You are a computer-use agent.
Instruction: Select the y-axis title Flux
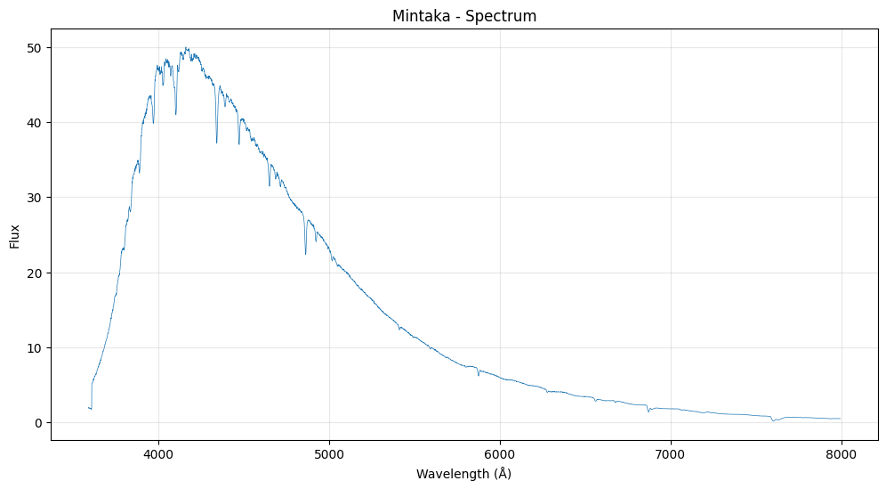pos(15,235)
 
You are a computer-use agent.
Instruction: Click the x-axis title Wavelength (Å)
pos(463,474)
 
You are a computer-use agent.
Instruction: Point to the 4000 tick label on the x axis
pos(158,452)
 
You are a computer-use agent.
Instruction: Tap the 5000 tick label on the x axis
pos(329,452)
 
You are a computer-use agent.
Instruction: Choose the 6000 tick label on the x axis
pos(500,452)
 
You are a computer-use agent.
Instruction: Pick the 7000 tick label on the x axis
pos(670,452)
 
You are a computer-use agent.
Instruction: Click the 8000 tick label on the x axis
pos(841,452)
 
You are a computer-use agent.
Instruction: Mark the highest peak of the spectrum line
pos(187,48)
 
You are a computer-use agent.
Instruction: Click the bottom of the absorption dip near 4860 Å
pos(306,254)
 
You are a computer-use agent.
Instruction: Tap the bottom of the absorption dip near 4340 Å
pos(216,143)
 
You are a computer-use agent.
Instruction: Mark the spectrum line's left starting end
pos(89,407)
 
